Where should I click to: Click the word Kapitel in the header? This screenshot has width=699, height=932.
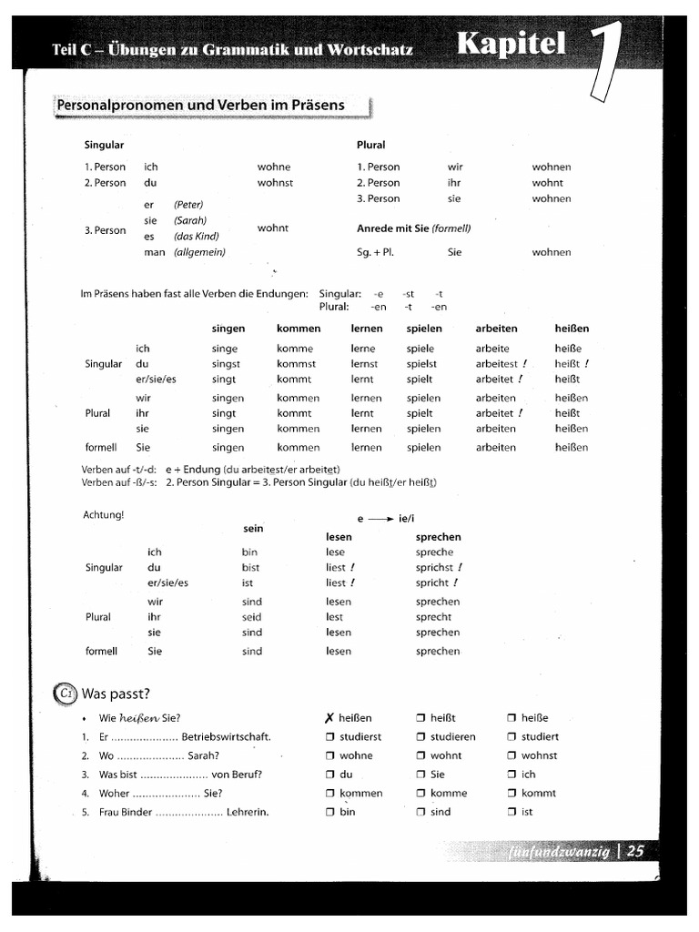coord(512,44)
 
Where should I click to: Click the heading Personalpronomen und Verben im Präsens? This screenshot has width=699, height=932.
coord(201,106)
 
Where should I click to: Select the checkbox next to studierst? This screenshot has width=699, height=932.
coord(330,737)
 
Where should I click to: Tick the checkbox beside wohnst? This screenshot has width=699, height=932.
coord(512,755)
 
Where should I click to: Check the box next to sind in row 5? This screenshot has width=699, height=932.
coord(420,812)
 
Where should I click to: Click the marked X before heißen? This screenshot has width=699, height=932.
coord(329,718)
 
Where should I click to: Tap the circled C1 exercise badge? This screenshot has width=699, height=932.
coord(66,694)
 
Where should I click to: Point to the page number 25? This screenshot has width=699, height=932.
coord(635,852)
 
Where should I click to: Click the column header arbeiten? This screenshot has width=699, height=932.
coord(496,329)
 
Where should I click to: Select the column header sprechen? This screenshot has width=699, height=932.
coord(439,537)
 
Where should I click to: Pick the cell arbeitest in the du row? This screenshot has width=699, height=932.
coord(496,364)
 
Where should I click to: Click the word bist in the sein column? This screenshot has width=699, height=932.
coord(250,568)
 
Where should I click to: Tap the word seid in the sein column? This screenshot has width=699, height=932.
coord(251,617)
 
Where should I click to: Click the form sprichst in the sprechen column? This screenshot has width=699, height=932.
coord(434,568)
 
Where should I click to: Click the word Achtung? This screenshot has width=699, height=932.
coord(103,515)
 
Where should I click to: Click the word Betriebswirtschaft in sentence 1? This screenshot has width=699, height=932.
coord(226,737)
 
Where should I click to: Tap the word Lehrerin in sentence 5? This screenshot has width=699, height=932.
coord(248,812)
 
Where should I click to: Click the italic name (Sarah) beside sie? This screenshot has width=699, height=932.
coord(190,220)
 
